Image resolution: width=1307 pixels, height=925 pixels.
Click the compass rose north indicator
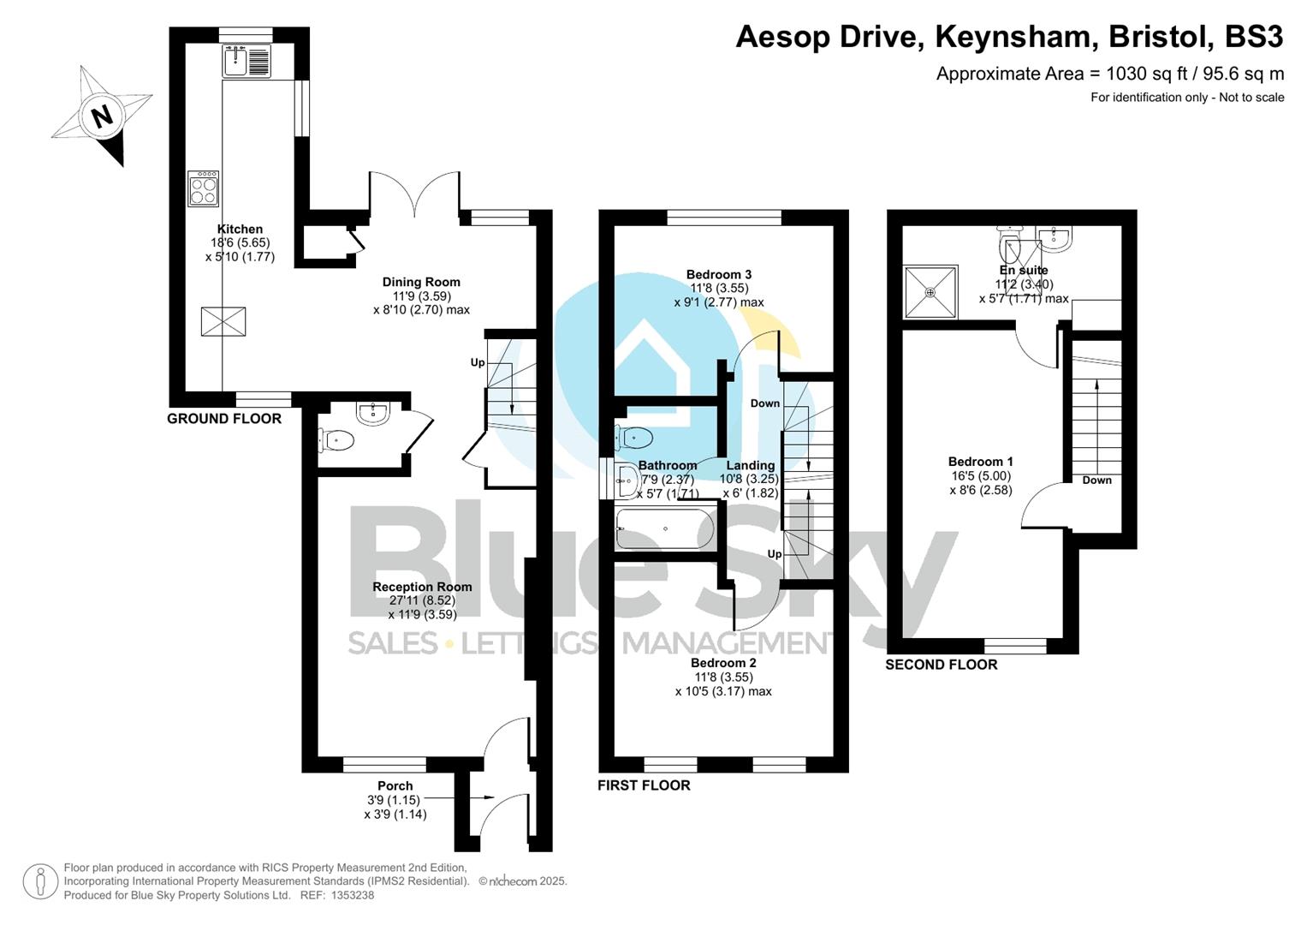point(102,116)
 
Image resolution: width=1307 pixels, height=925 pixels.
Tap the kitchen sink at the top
point(247,61)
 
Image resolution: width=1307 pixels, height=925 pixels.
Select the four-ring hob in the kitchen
point(204,188)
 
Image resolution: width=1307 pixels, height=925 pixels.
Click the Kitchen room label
point(240,230)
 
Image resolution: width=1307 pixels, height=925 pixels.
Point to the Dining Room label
point(421,282)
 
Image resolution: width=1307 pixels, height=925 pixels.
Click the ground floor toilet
point(336,440)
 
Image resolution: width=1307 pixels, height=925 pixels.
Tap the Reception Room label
point(422,587)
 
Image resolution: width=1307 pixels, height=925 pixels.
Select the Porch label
point(395,785)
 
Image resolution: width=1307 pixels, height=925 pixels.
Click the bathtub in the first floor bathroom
point(665,528)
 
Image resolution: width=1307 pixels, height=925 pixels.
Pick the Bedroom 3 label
point(719,275)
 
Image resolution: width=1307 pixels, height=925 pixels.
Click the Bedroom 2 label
point(723,663)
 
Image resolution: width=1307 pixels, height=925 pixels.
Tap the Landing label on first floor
point(751,466)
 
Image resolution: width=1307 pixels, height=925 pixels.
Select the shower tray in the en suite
point(930,291)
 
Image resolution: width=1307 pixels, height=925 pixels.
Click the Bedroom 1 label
point(980,462)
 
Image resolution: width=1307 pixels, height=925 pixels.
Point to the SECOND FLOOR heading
point(941,665)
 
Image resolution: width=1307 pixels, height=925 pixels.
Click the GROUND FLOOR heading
point(223,419)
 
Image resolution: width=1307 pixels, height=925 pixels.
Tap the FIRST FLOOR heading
point(644,785)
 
